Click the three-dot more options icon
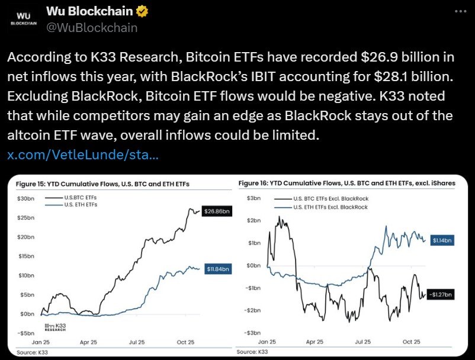pos(460,11)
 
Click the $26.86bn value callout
pos(218,211)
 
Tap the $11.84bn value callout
pos(218,269)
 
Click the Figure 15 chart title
pos(101,184)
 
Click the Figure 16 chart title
pos(346,184)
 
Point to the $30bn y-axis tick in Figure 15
pos(26,198)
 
